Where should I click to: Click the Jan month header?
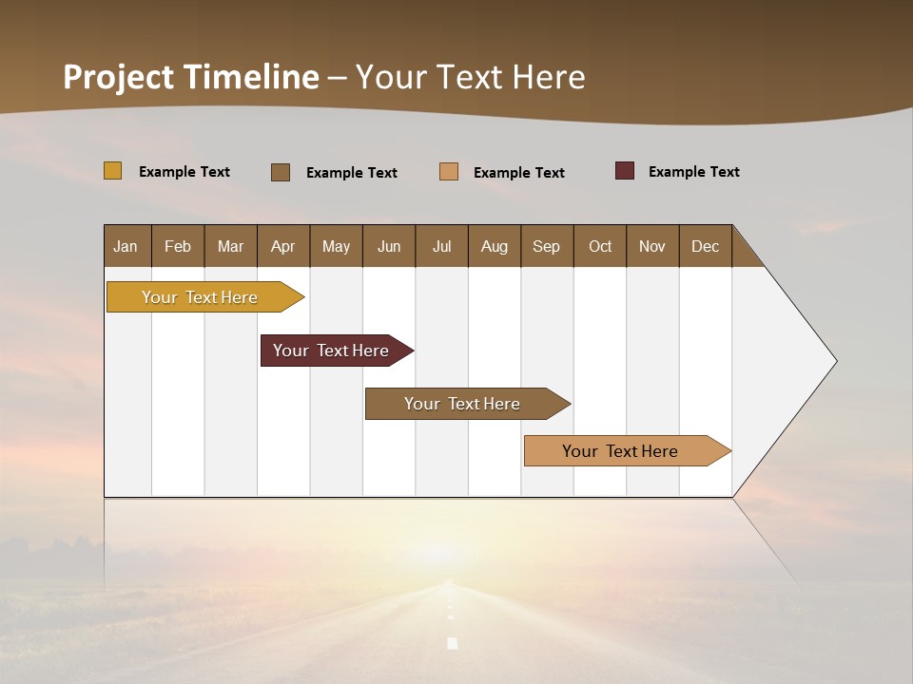click(x=126, y=246)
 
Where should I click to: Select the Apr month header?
click(x=282, y=246)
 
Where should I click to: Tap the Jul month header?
click(x=441, y=246)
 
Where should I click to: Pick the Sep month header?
click(x=546, y=246)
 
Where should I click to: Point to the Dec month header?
click(x=705, y=246)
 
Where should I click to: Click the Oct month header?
click(x=600, y=246)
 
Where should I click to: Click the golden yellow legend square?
click(x=112, y=171)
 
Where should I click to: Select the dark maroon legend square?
click(x=624, y=171)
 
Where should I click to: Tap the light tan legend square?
click(x=449, y=172)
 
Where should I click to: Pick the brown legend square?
click(x=281, y=172)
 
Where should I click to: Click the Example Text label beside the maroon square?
click(x=693, y=172)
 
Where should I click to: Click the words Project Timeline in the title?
click(x=190, y=77)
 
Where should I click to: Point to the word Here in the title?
click(x=549, y=77)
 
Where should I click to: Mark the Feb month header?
click(x=178, y=246)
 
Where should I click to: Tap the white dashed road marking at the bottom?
click(x=453, y=642)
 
